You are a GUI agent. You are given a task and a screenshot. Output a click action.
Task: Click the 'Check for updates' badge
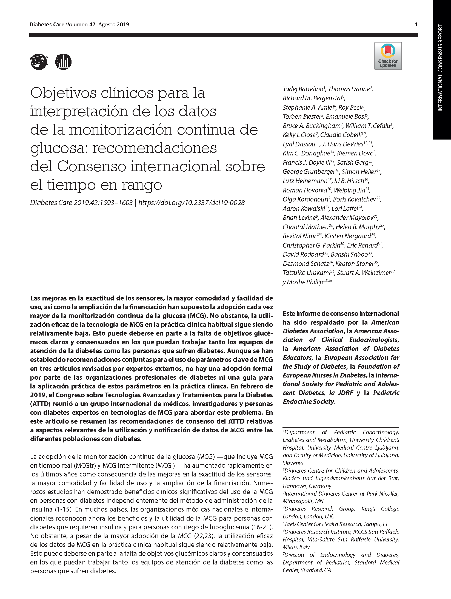(x=388, y=56)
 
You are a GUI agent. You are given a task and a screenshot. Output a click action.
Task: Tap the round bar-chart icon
(x=63, y=62)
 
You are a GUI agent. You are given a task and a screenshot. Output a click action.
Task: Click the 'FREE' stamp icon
(x=39, y=62)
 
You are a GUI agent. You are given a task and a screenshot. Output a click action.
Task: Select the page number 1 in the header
(x=416, y=25)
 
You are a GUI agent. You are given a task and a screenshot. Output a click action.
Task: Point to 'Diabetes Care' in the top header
(x=47, y=24)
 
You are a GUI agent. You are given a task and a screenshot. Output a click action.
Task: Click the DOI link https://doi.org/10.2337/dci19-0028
(x=192, y=203)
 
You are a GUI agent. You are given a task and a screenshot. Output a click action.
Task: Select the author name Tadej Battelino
(x=303, y=89)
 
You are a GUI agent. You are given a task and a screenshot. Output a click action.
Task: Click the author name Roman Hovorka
(x=305, y=190)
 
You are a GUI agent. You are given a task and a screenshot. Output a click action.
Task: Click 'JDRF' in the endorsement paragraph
(x=346, y=393)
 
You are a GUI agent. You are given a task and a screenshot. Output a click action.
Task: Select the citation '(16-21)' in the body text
(x=262, y=527)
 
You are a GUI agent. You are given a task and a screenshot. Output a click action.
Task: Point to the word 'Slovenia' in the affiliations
(x=293, y=463)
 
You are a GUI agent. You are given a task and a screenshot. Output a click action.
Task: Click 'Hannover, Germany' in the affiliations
(x=307, y=486)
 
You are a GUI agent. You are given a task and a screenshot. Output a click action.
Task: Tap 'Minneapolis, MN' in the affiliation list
(x=303, y=501)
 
